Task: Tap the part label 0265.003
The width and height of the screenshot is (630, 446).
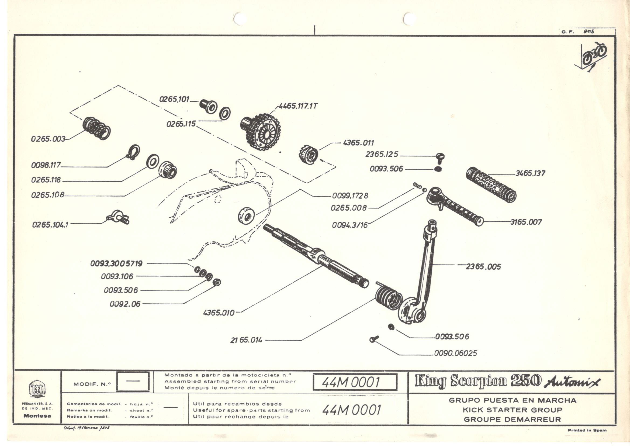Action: [48, 139]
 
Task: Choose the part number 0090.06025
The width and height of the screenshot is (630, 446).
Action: [455, 353]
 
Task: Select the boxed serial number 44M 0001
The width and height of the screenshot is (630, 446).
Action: [355, 382]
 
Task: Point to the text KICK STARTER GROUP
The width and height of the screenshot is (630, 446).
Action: [513, 410]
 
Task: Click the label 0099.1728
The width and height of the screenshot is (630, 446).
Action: [350, 196]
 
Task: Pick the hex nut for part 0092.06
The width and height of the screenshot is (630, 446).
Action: [217, 282]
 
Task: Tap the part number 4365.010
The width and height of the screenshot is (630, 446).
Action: [219, 313]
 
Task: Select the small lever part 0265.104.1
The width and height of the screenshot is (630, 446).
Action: [118, 219]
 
